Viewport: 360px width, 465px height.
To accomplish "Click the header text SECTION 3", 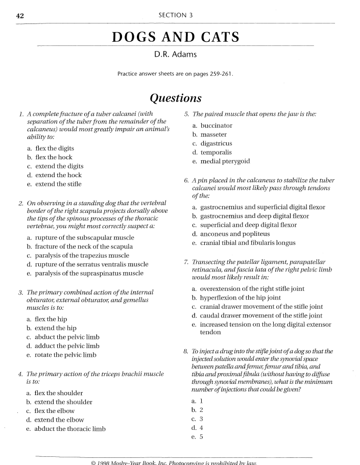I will tap(176, 15).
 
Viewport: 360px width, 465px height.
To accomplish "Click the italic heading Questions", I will tap(176, 98).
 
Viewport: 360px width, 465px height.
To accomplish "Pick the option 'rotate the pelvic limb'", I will tap(66, 355).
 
